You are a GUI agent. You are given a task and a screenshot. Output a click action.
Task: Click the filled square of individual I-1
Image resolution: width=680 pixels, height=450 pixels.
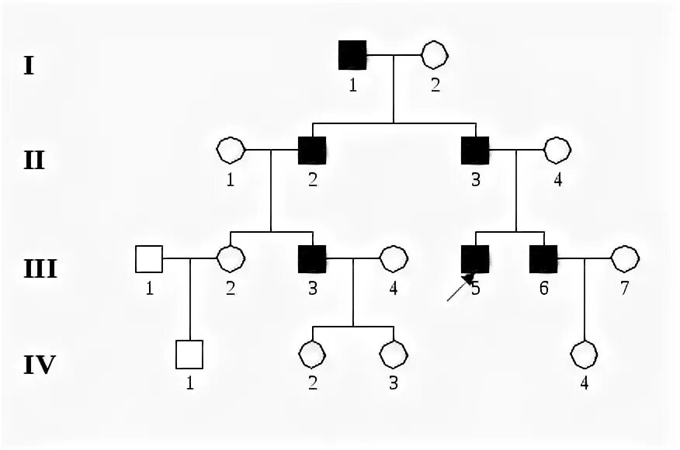(352, 55)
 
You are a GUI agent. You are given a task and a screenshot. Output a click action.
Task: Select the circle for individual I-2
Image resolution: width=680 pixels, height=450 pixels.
(433, 55)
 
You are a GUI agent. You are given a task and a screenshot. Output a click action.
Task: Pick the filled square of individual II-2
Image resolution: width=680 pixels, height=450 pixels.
(311, 151)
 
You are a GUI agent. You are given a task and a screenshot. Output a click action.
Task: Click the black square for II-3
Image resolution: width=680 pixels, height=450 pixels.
(475, 151)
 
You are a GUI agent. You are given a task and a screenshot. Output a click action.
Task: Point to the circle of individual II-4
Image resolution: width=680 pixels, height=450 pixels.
(557, 151)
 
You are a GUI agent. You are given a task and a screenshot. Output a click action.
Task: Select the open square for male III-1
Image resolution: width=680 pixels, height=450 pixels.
(148, 258)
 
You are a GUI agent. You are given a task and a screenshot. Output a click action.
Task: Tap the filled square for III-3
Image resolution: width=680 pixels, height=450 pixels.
(311, 258)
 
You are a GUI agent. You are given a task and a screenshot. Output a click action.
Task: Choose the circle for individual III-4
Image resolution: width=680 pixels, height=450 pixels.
(393, 258)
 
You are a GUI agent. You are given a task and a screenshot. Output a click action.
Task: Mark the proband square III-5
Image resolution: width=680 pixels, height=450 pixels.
(475, 258)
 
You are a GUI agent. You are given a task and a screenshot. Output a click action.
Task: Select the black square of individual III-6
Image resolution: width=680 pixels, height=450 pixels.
(543, 258)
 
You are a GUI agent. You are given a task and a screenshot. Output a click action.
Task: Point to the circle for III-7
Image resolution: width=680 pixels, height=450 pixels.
(624, 258)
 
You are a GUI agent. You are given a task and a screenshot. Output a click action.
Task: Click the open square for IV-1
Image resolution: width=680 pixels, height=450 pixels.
(189, 355)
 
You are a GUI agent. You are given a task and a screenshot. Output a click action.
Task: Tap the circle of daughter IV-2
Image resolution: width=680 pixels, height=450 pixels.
(311, 355)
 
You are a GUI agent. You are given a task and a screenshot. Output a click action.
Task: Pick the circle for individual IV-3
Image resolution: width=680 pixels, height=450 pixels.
(393, 355)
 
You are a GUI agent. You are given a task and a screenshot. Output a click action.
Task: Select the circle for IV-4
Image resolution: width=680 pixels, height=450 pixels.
(584, 355)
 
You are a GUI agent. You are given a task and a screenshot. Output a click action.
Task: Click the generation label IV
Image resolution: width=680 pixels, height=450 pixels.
(38, 364)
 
